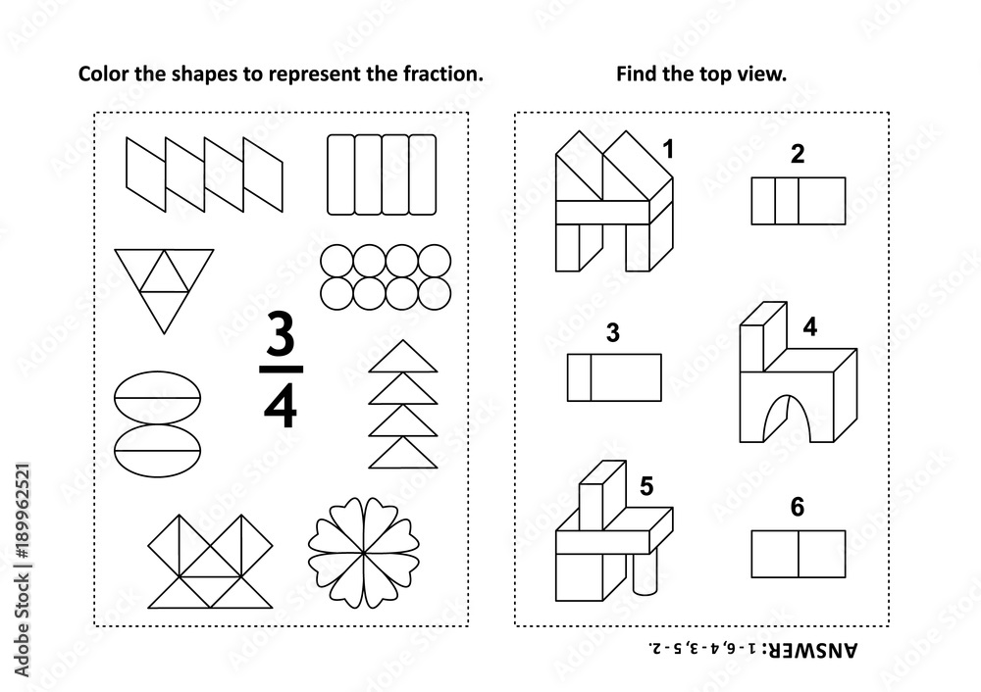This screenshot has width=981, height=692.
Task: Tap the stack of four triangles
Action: tap(401, 404)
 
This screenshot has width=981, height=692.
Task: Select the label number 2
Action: tap(797, 153)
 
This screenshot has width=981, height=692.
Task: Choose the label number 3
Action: tap(613, 333)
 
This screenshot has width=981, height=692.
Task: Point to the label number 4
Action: tap(809, 329)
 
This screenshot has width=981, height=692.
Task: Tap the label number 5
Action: tap(645, 484)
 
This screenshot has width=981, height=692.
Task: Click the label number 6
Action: tap(797, 507)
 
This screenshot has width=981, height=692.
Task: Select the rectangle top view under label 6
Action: tap(799, 553)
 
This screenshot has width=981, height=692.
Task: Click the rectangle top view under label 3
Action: tap(614, 377)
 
